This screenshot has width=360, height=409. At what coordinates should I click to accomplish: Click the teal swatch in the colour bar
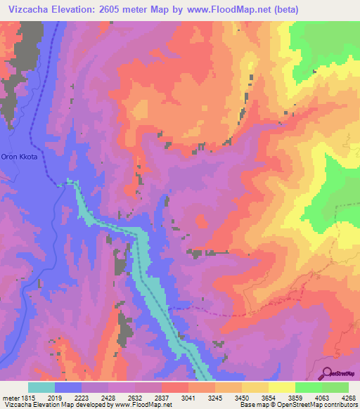pos(41,387)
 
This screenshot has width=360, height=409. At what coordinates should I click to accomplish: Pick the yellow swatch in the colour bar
pos(281,387)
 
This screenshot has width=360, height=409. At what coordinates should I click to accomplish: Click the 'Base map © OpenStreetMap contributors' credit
pos(297,405)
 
